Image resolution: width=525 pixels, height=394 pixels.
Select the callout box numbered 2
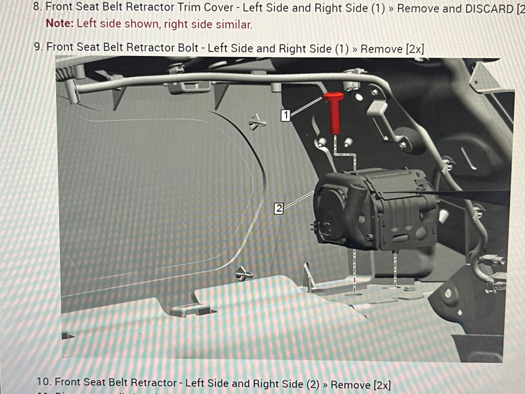pyautogui.click(x=279, y=209)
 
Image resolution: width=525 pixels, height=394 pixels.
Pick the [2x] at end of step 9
pyautogui.click(x=415, y=49)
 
